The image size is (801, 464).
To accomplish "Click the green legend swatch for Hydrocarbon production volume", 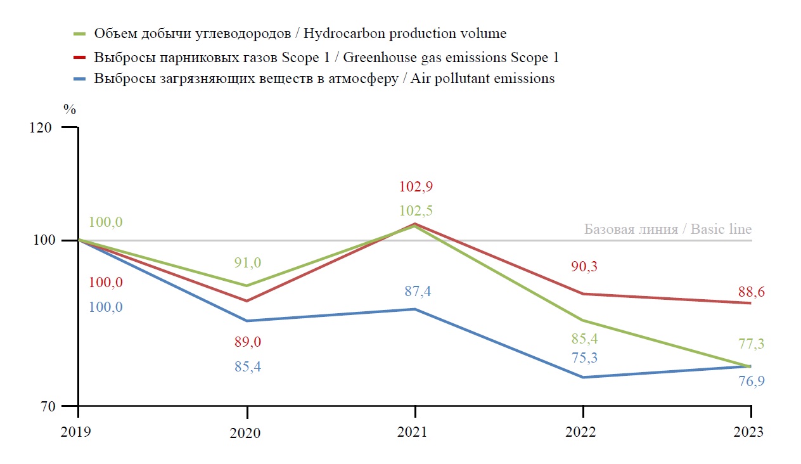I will [80, 34].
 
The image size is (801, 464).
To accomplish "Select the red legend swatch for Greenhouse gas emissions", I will [80, 58].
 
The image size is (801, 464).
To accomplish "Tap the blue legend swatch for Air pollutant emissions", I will [80, 79].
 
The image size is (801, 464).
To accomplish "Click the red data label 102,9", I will [416, 187].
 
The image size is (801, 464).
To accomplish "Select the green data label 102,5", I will [416, 211].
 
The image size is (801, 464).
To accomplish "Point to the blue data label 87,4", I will [418, 292].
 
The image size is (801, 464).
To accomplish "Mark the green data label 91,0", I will [248, 262].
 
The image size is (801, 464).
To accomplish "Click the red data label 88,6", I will [752, 292].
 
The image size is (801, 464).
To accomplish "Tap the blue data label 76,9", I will [752, 381].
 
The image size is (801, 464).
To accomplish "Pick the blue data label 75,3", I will [584, 358].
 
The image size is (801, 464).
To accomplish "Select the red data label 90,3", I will [584, 267].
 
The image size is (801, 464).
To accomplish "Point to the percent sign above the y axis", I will [70, 109].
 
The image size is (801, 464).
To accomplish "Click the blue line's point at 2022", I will [583, 377].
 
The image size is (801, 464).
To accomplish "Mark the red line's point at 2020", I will [247, 301].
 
